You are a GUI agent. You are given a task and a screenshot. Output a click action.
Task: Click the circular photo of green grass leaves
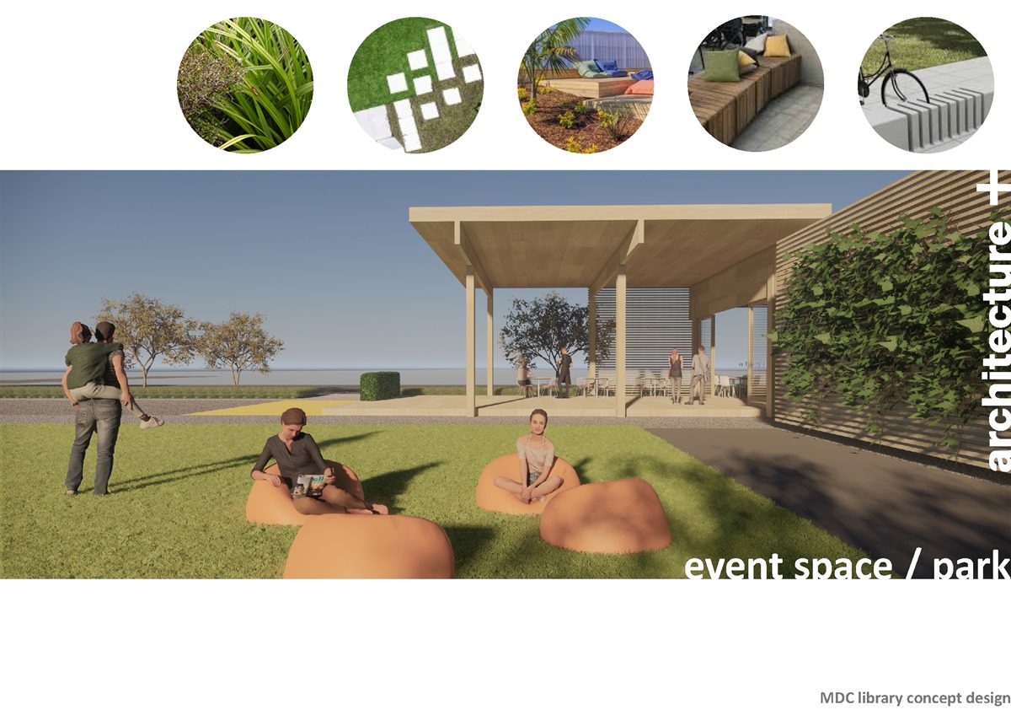pos(245,84)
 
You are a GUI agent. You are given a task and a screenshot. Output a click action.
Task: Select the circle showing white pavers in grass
pos(415,84)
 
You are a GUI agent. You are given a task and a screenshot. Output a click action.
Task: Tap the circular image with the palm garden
pos(586,84)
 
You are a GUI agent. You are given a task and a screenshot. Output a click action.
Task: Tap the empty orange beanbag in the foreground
pos(369,546)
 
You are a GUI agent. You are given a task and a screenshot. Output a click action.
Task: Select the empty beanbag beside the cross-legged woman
pos(606,515)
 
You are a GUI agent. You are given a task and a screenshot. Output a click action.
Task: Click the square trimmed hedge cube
pos(380,385)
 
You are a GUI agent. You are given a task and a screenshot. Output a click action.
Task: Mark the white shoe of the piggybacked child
pos(152,422)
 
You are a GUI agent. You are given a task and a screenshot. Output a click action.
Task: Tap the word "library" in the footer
pos(875,698)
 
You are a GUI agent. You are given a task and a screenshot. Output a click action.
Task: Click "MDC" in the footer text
pos(837,698)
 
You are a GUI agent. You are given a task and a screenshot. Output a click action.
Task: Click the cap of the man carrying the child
pos(105,327)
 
